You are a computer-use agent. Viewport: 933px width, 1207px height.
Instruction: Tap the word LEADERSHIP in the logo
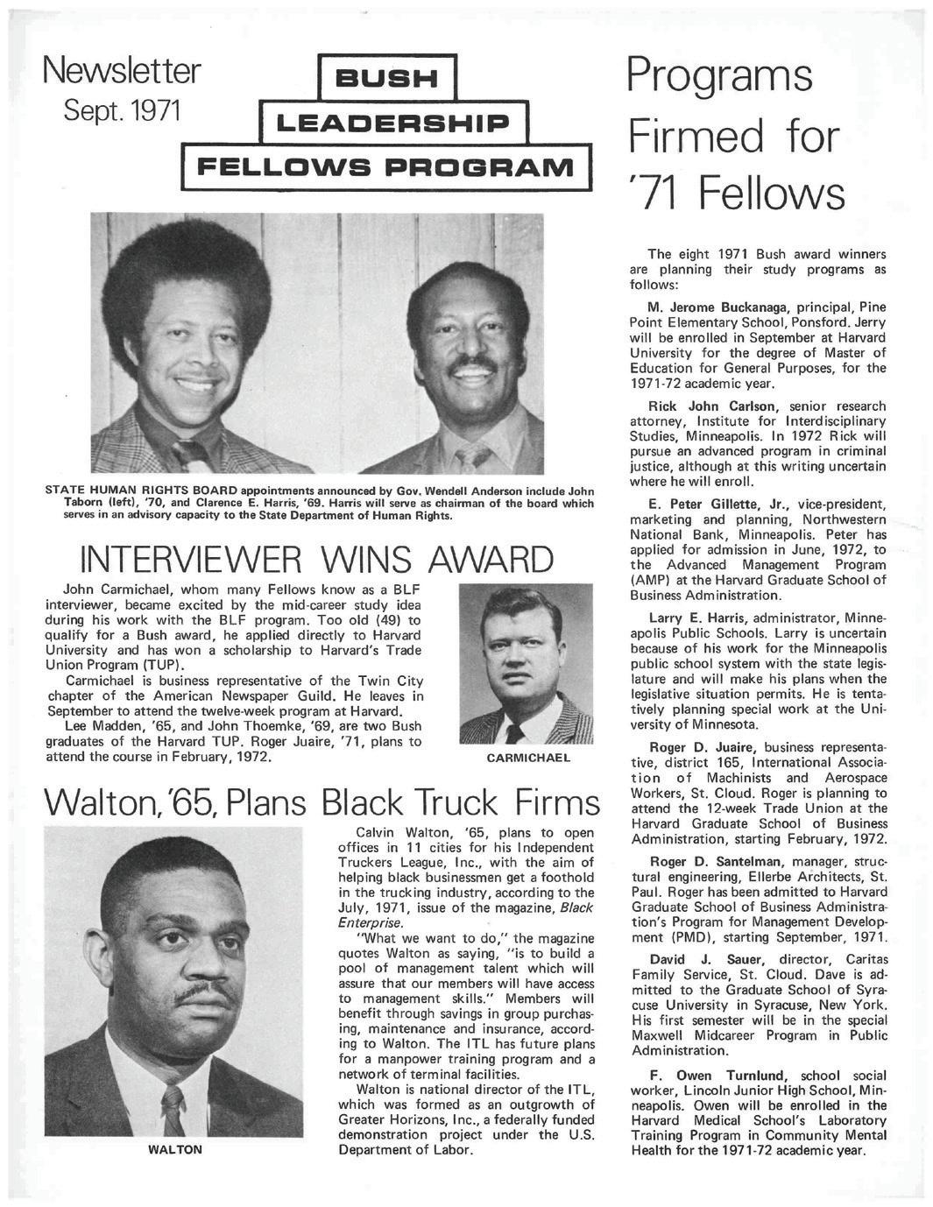pos(387,123)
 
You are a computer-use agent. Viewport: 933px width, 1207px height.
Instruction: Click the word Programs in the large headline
pos(719,75)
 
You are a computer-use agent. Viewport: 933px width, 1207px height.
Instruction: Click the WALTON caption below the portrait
pos(176,1150)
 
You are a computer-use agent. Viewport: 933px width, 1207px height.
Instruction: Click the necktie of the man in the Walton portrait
pos(173,1109)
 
